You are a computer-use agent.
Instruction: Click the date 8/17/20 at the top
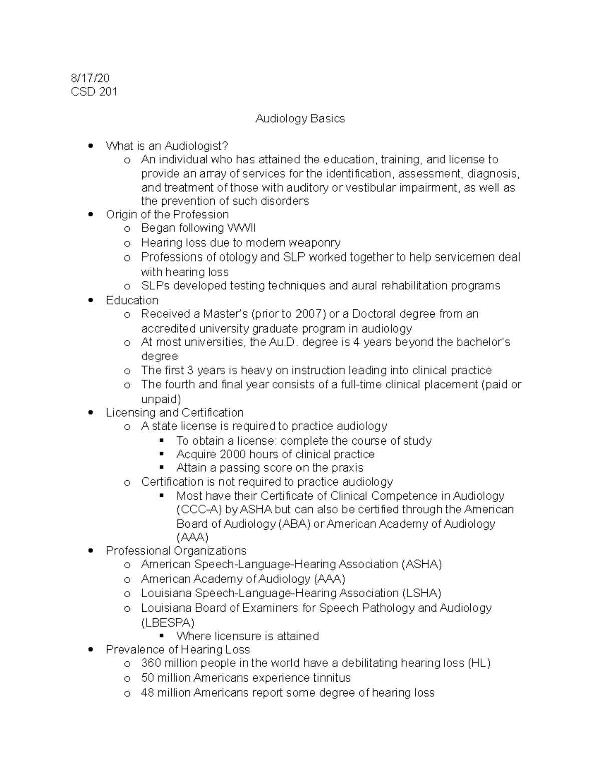(90, 78)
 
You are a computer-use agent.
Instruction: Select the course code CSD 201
(94, 92)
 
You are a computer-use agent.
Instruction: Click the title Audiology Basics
(300, 119)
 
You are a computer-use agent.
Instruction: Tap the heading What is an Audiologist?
(167, 146)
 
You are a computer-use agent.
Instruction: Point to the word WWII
(241, 228)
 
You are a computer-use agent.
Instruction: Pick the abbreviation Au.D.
(284, 342)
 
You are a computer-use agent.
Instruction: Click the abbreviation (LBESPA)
(167, 622)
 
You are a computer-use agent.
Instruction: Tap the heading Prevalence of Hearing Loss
(178, 650)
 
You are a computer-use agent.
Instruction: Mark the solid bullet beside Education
(91, 301)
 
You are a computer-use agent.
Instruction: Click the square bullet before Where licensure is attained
(161, 636)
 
